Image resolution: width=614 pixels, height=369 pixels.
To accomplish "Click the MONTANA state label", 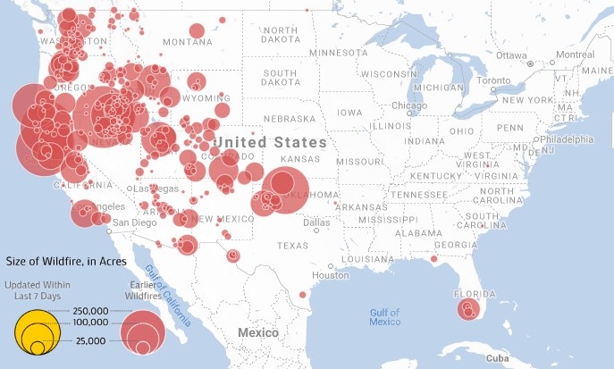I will [188, 42].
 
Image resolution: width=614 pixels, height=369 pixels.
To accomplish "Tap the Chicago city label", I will [409, 105].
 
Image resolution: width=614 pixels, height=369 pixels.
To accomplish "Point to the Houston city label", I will [331, 275].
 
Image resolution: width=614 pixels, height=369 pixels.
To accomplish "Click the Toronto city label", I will [493, 80].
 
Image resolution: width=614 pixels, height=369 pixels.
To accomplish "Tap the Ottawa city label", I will [512, 55].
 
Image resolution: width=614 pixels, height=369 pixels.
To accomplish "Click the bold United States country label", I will [271, 142].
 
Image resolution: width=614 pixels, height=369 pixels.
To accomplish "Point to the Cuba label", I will [497, 357].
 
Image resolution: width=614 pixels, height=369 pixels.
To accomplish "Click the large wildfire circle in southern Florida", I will [468, 310].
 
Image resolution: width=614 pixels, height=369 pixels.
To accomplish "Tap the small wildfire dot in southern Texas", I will [303, 295].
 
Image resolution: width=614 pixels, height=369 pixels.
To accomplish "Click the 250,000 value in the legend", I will [90, 309].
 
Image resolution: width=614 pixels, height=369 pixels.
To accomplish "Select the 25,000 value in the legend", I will [90, 341].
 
